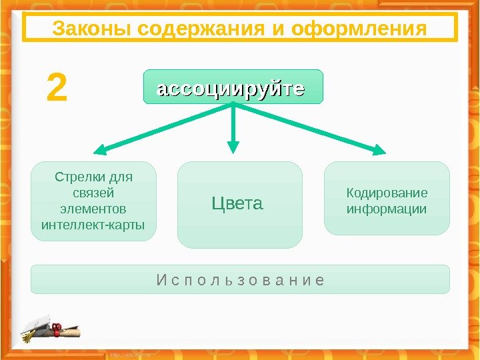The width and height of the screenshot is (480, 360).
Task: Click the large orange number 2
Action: [57, 89]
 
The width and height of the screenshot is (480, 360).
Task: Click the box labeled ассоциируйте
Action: [233, 87]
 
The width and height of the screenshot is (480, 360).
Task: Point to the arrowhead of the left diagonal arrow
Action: [99, 151]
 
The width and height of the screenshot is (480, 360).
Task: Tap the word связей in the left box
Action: [93, 193]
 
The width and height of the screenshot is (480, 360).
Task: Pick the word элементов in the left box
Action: [93, 208]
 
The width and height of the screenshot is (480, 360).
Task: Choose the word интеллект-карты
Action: [93, 223]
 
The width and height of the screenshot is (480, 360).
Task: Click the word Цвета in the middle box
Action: [237, 203]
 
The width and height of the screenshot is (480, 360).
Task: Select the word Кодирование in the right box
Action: [387, 193]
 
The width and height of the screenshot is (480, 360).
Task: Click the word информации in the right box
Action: [387, 209]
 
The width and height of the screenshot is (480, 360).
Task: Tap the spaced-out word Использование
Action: [240, 279]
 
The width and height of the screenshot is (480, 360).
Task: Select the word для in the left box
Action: [121, 177]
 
